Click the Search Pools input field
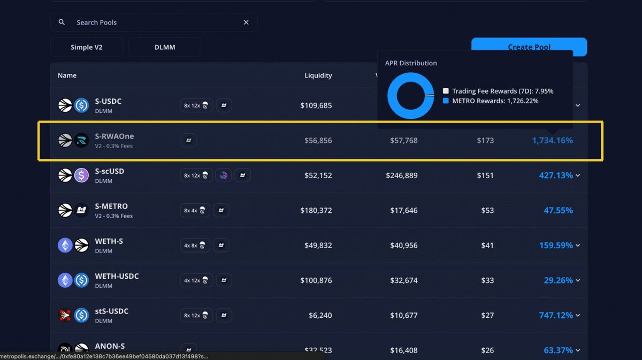[155, 22]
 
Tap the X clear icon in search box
[246, 22]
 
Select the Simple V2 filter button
[87, 47]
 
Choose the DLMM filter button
[165, 47]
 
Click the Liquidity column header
[318, 75]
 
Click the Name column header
[67, 75]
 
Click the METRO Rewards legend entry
[495, 101]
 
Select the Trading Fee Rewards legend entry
[502, 91]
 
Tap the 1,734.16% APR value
[552, 140]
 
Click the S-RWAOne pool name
[114, 136]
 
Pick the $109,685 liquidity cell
[316, 105]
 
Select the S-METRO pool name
[111, 206]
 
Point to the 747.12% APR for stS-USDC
[556, 316]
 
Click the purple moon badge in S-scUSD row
[224, 175]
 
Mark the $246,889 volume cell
[401, 175]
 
